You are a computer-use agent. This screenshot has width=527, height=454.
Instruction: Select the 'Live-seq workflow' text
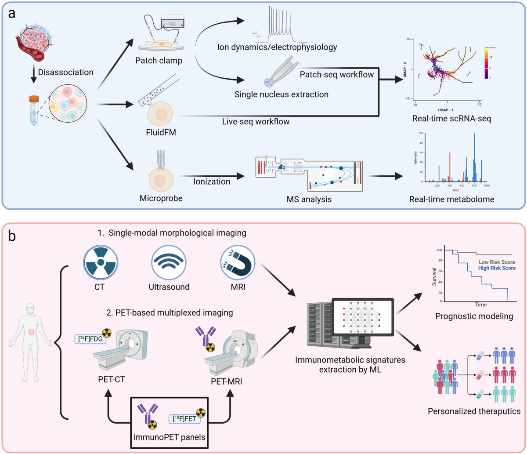pyautogui.click(x=256, y=122)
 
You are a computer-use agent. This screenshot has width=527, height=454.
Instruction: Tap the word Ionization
pyautogui.click(x=211, y=181)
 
